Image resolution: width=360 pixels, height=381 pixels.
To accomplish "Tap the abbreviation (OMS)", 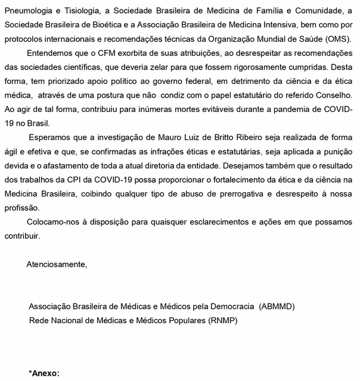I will [338, 40].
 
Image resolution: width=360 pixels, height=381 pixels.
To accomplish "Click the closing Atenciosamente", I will [57, 264].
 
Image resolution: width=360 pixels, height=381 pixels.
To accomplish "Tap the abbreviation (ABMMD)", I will [277, 307].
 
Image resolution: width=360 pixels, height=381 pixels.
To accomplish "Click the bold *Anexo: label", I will [45, 373].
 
